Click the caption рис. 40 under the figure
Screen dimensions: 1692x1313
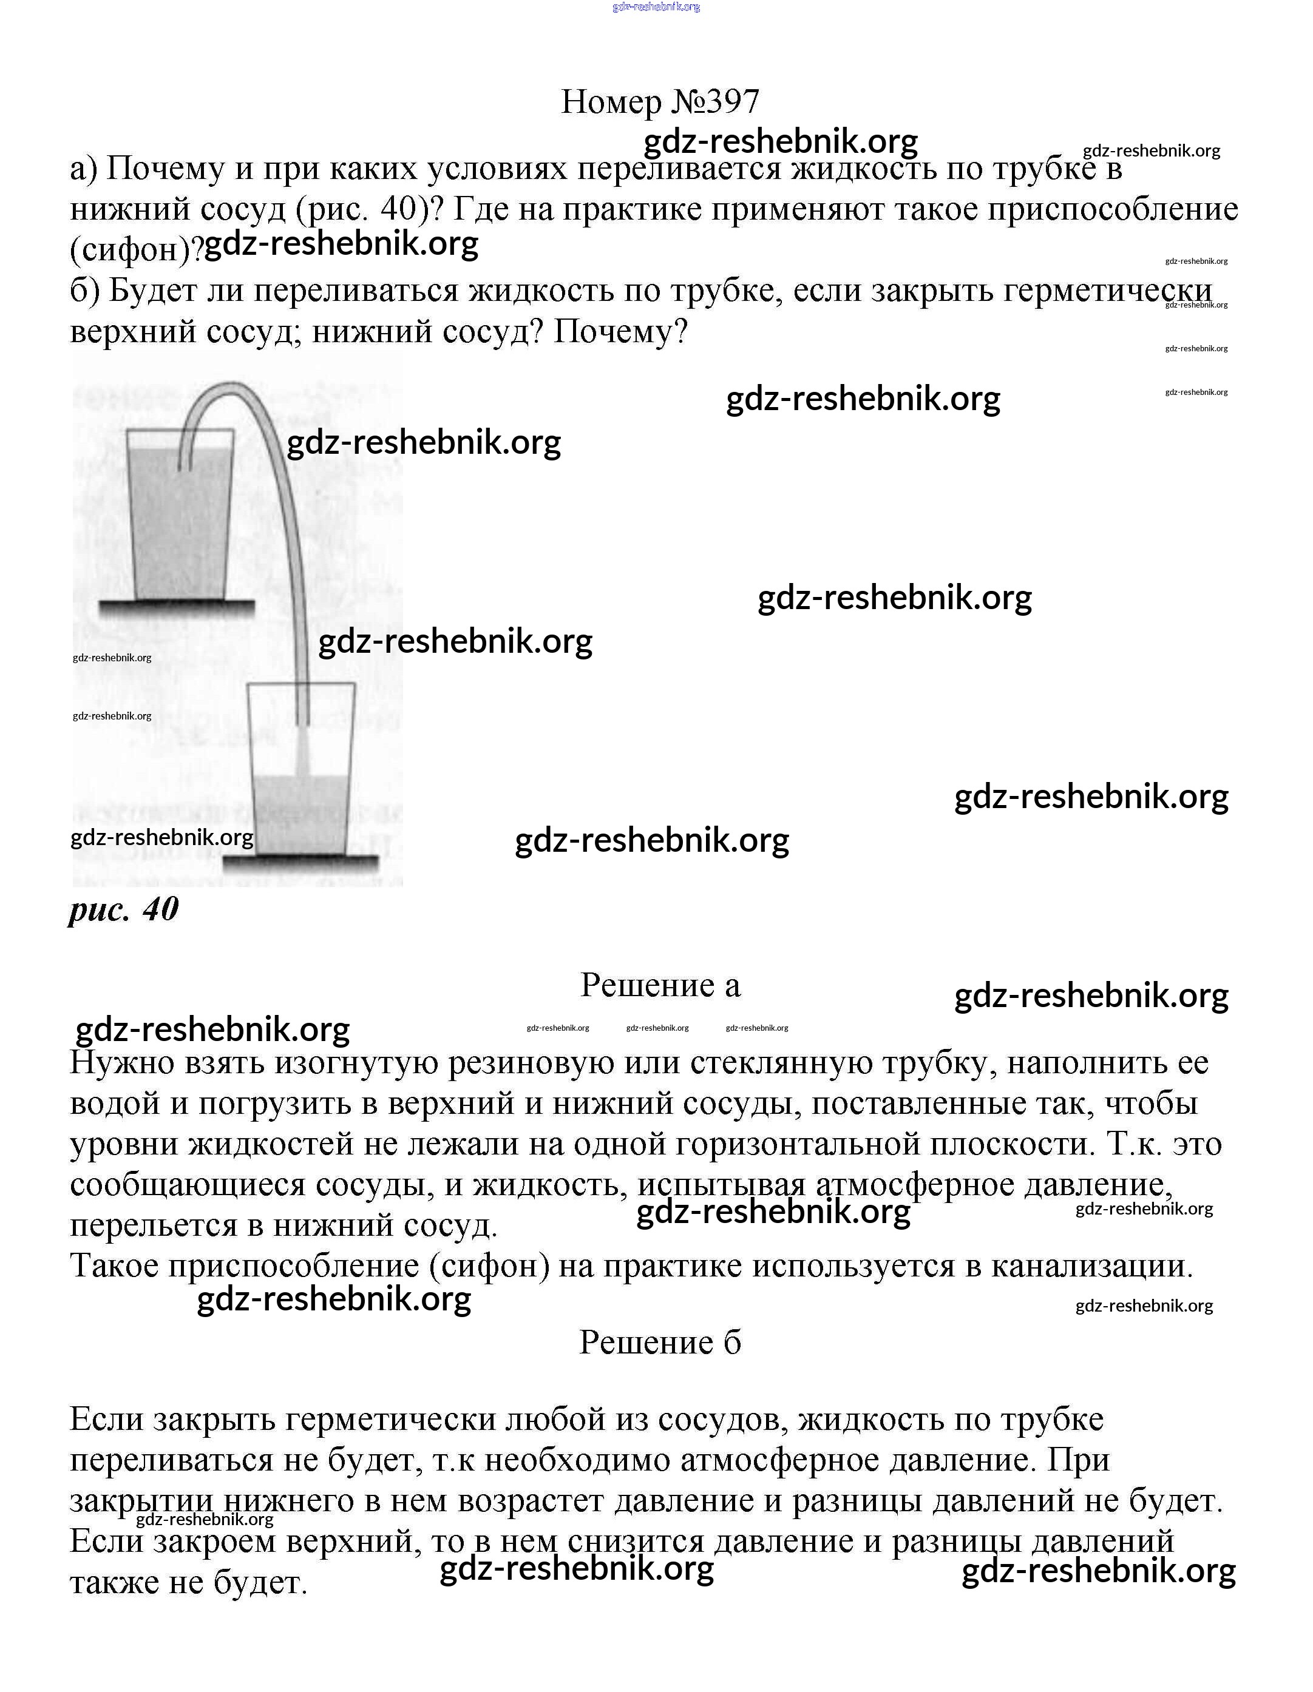coord(124,909)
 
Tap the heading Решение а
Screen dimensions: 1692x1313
coord(660,985)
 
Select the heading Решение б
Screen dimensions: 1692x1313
coord(660,1343)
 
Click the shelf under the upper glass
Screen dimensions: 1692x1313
coord(177,607)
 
